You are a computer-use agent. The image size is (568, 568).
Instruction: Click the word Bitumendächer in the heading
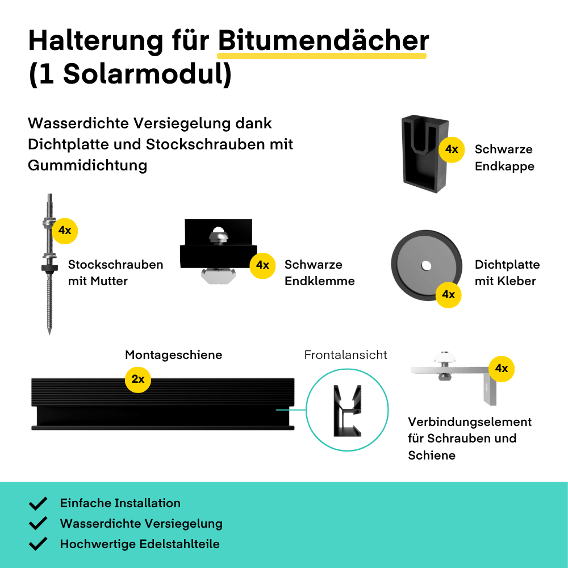[323, 40]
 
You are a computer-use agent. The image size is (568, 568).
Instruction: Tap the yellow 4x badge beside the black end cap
[452, 149]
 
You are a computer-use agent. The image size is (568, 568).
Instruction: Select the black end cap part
[425, 153]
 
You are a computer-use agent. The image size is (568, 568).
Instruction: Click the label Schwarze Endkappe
[504, 157]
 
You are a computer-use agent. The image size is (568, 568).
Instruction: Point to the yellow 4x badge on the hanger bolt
[65, 231]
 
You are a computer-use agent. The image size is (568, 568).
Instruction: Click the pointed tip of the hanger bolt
[49, 333]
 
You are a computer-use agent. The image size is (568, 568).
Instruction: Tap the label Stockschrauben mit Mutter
[115, 273]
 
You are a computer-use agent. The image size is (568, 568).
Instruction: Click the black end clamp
[219, 250]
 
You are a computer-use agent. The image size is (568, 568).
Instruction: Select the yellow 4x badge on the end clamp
[262, 265]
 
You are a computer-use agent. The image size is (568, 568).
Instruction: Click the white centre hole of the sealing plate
[427, 266]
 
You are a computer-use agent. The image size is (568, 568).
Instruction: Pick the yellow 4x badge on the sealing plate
[449, 294]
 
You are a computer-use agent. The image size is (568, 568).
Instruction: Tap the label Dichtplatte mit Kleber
[507, 273]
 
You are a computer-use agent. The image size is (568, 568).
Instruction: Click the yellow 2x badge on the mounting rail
[137, 379]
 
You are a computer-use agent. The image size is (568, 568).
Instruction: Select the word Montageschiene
[173, 355]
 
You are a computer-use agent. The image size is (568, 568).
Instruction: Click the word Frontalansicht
[345, 355]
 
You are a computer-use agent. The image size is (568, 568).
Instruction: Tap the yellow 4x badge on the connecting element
[502, 369]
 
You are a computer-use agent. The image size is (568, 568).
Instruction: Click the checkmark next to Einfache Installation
[38, 503]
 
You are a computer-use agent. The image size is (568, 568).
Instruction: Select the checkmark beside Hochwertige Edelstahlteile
[38, 544]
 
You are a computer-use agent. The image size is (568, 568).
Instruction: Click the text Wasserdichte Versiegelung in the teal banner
[141, 524]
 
